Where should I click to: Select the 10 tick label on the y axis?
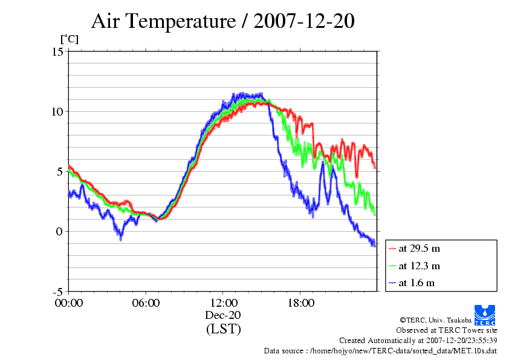[57, 111]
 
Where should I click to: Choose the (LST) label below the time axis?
[223, 330]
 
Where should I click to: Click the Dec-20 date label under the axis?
[223, 316]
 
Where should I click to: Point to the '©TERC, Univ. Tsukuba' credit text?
[435, 319]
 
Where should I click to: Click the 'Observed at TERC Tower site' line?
[447, 330]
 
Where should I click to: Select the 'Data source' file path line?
[380, 350]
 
